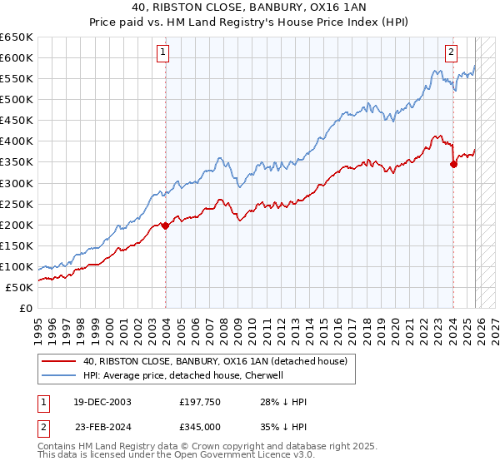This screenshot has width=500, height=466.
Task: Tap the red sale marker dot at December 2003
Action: pyautogui.click(x=166, y=225)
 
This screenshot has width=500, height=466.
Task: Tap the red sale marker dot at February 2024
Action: pyautogui.click(x=453, y=164)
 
